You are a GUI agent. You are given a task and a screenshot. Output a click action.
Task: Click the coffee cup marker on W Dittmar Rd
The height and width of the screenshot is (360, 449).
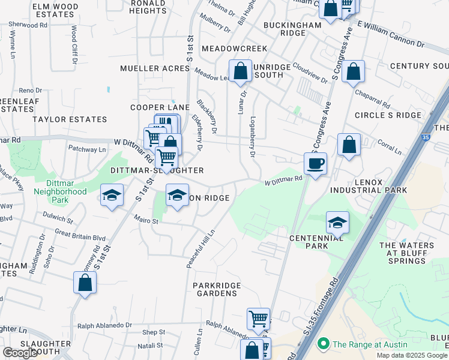point(315,163)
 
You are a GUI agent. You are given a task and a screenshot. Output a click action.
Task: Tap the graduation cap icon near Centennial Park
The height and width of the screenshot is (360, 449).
point(337,223)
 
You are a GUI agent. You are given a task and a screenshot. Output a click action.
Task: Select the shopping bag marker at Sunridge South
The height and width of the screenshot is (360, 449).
point(240,71)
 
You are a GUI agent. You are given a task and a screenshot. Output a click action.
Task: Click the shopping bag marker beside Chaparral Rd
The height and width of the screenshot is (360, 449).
point(354,71)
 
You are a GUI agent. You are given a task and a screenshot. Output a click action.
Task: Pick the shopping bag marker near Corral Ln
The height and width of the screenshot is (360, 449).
point(349,144)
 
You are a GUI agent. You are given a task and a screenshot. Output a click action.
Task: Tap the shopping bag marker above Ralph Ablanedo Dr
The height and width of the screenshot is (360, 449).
point(85,283)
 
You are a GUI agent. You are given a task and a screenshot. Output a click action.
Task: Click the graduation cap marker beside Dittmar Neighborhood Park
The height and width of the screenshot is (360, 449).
point(112,196)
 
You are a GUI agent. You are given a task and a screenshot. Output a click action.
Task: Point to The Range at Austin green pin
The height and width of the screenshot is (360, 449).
point(324,344)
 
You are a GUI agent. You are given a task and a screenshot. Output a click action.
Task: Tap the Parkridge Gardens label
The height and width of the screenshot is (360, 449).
point(217,289)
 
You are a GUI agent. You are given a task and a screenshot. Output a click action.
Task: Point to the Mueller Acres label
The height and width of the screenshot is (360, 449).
point(154,69)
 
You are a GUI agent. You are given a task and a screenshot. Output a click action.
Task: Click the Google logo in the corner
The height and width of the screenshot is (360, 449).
point(20,353)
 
